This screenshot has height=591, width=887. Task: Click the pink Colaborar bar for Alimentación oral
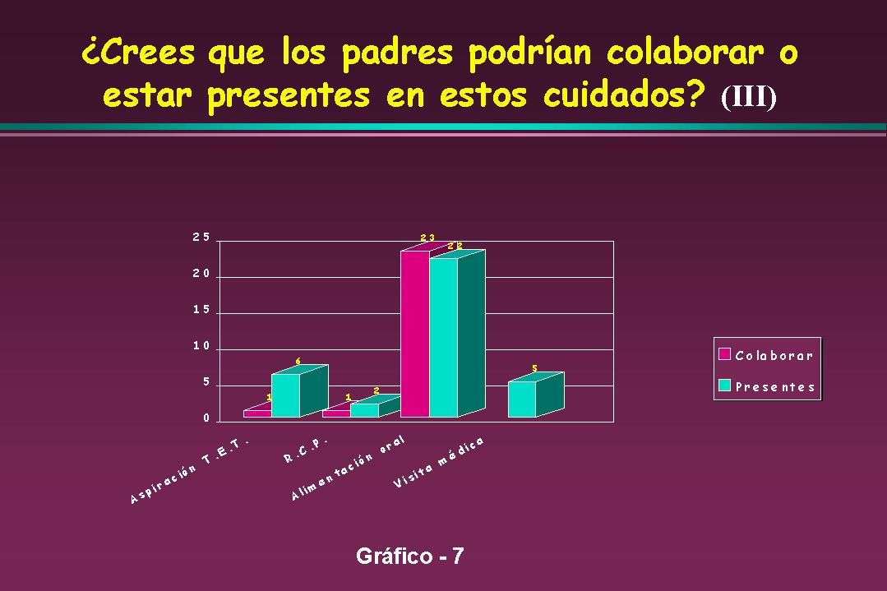[415, 334]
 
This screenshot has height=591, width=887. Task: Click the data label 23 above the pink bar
[427, 238]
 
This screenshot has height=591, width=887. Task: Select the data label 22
[455, 246]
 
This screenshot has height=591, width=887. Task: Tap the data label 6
[298, 362]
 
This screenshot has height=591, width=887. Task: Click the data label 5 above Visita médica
[534, 369]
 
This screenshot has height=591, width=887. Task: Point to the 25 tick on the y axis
[201, 238]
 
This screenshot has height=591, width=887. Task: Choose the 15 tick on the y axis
[201, 310]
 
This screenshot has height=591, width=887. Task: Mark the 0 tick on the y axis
[206, 418]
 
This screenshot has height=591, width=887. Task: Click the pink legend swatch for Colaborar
[725, 354]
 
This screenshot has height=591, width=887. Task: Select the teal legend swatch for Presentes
[725, 386]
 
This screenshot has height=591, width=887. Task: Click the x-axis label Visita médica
[439, 462]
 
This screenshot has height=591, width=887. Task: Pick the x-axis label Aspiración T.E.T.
[190, 470]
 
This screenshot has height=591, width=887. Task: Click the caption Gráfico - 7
[409, 556]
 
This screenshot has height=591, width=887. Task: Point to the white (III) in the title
[748, 97]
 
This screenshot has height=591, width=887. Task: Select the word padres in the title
[397, 53]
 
